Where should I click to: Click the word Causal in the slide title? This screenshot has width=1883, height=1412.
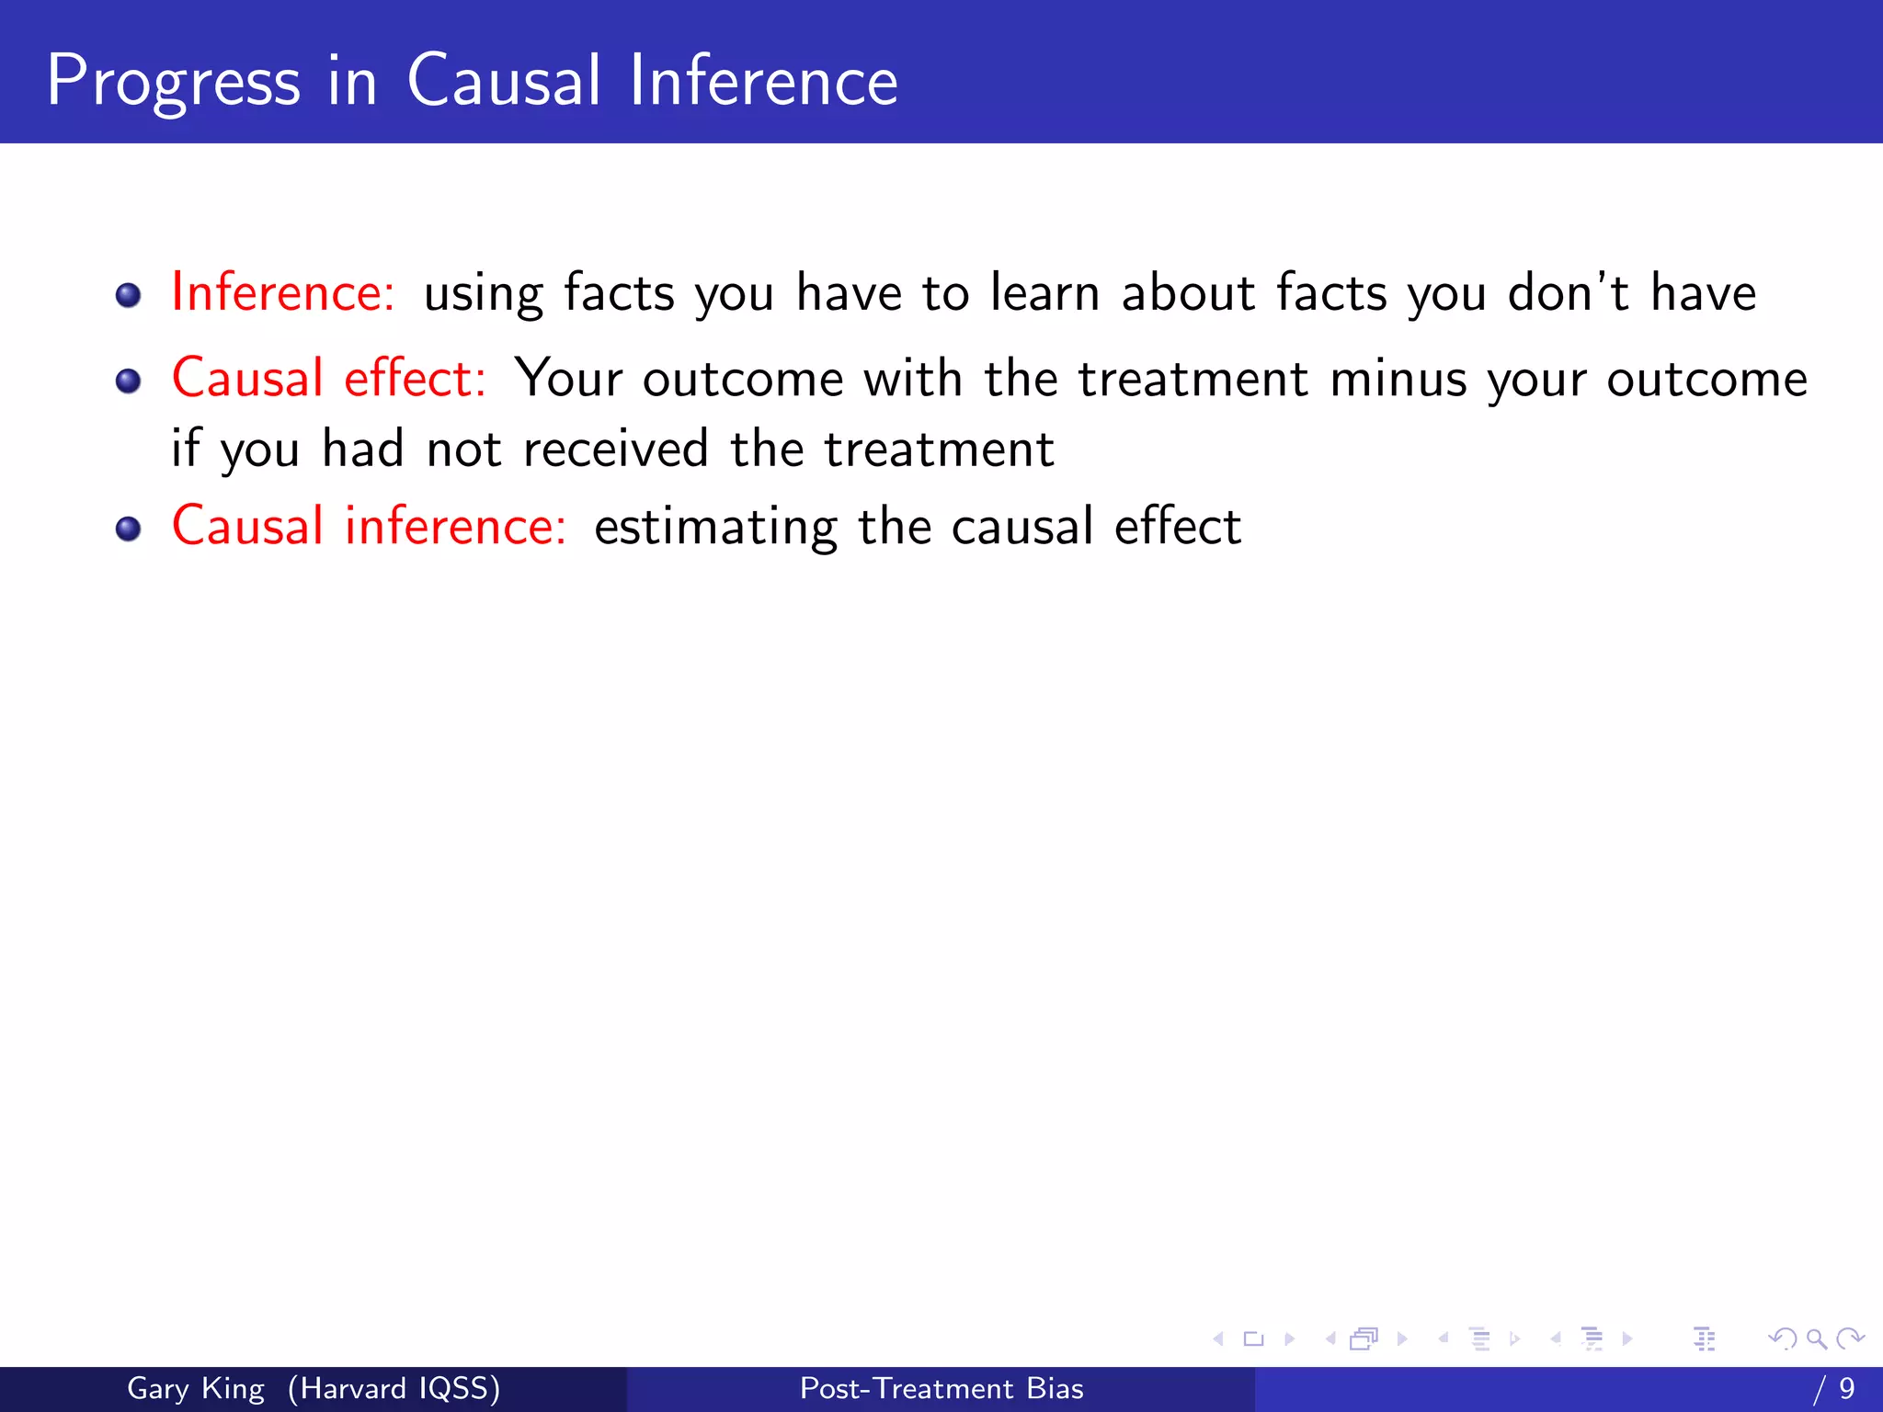click(x=503, y=81)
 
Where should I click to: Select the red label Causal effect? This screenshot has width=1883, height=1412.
click(x=328, y=378)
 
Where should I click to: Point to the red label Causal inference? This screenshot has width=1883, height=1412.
click(x=369, y=527)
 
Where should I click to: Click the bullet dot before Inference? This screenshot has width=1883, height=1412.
click(x=129, y=295)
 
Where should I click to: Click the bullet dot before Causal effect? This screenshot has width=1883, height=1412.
click(x=129, y=381)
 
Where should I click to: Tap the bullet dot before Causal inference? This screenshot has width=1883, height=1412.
click(x=129, y=529)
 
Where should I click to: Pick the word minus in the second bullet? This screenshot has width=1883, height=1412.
click(x=1398, y=379)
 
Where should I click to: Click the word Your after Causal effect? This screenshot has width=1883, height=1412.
click(x=568, y=379)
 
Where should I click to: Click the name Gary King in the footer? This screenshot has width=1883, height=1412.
click(x=195, y=1388)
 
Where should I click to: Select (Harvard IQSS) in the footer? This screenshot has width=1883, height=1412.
click(x=394, y=1388)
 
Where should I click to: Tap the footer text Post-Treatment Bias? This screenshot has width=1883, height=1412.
click(x=941, y=1388)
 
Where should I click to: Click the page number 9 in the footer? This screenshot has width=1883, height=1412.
click(x=1846, y=1388)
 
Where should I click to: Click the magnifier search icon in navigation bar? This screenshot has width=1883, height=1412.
click(x=1816, y=1339)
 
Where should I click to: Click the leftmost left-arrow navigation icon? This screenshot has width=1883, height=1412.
click(x=1218, y=1339)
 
